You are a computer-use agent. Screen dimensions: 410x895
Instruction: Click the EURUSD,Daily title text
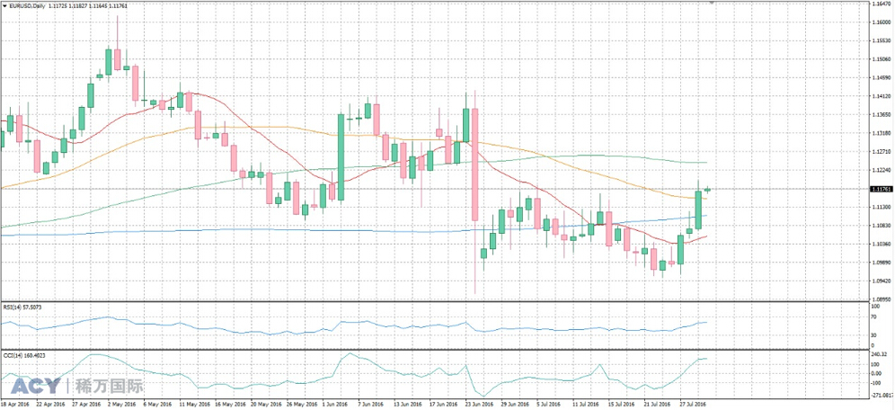[31, 5]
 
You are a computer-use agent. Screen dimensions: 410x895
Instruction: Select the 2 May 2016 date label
[121, 405]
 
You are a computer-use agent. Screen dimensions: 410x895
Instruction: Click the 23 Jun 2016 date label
[478, 405]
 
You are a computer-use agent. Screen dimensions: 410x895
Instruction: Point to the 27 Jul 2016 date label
[692, 405]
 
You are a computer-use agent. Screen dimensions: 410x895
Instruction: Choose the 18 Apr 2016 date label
[15, 405]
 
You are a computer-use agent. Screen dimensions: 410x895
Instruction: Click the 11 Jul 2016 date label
[585, 405]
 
